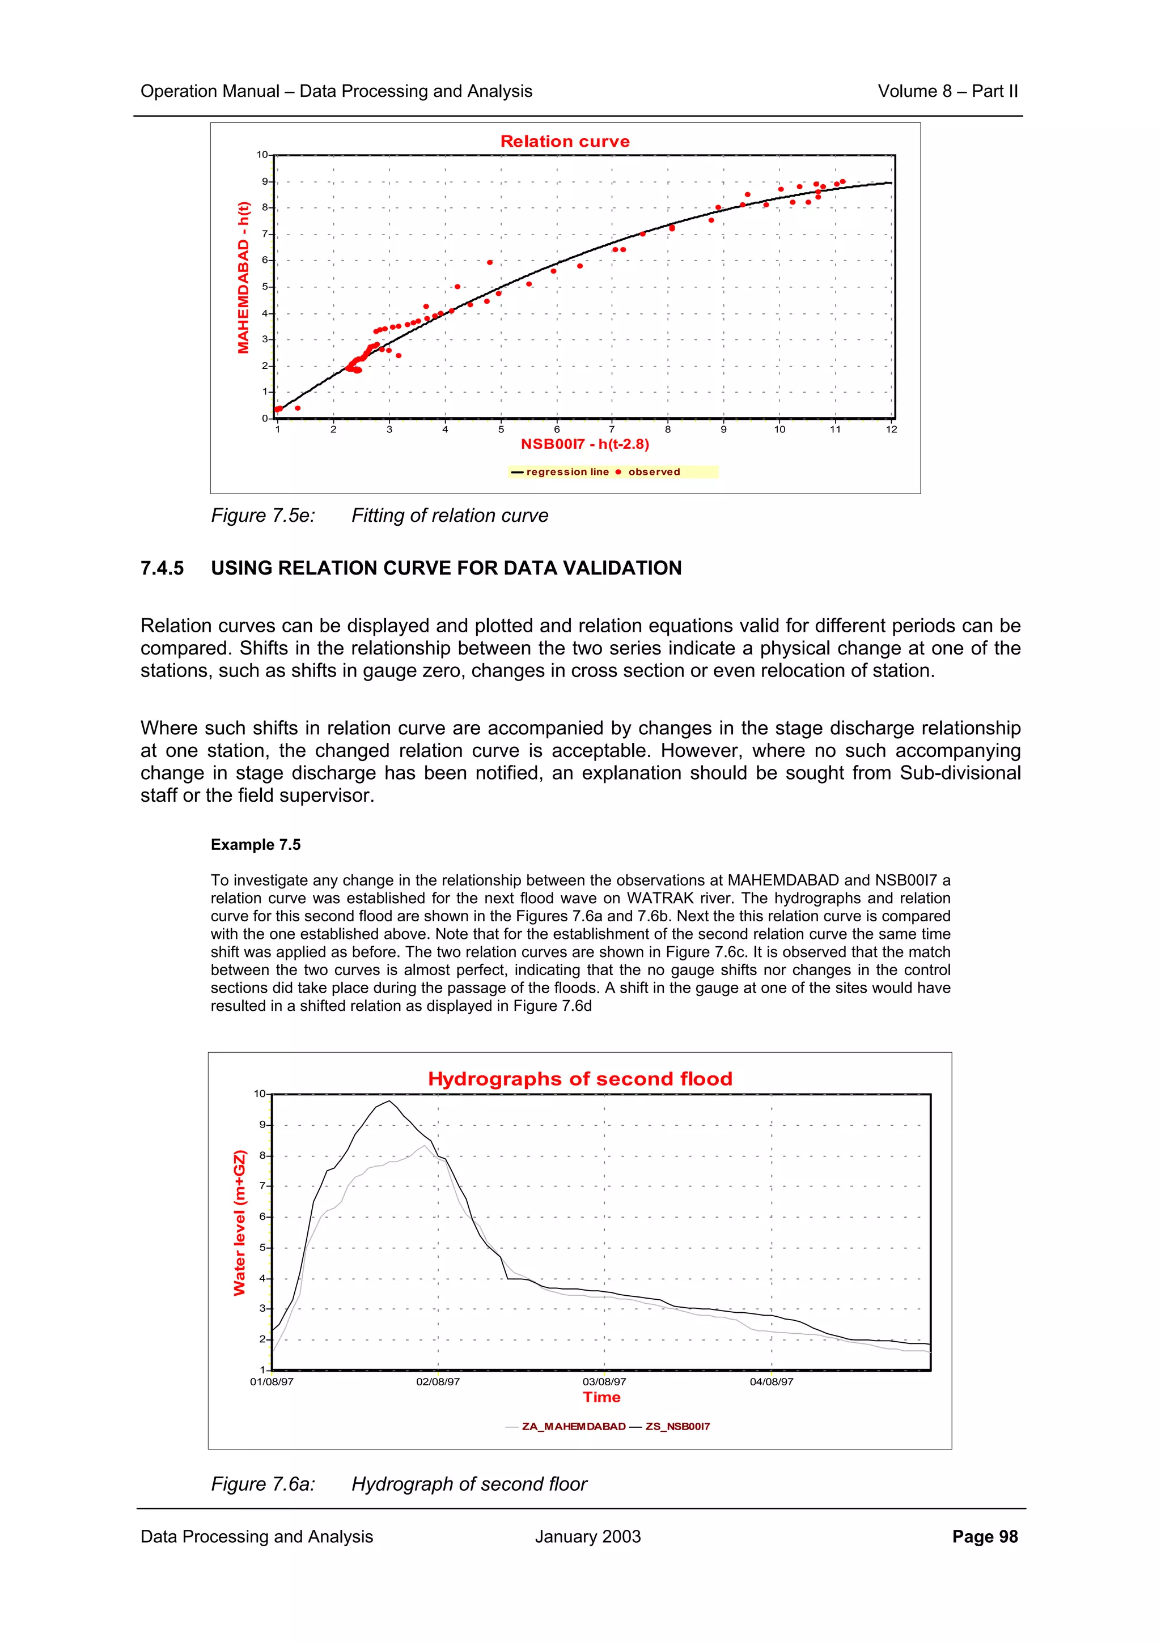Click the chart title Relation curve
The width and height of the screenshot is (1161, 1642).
click(565, 142)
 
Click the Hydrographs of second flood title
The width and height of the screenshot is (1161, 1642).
click(579, 1079)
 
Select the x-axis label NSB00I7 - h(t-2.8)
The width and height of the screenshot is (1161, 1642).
click(584, 444)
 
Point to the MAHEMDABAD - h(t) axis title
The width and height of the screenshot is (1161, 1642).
click(244, 278)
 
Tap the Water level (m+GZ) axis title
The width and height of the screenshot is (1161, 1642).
click(240, 1223)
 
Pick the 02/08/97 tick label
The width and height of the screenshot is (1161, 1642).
click(438, 1382)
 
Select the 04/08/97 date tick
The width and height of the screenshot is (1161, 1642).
click(771, 1382)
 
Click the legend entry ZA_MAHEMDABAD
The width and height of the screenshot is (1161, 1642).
click(573, 1426)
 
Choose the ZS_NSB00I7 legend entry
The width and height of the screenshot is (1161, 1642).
click(677, 1426)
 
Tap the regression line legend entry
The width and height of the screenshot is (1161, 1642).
click(566, 472)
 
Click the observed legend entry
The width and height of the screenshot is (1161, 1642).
click(653, 472)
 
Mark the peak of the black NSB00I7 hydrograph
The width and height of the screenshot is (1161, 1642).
click(389, 1101)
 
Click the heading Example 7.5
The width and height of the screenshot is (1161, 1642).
click(255, 845)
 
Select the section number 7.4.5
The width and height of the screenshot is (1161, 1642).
click(162, 568)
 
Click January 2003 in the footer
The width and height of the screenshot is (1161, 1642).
click(587, 1537)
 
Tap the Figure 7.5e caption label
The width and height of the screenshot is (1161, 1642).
click(262, 516)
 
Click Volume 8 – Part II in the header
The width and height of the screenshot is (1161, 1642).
click(947, 92)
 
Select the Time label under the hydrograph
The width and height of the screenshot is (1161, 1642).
click(601, 1397)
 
